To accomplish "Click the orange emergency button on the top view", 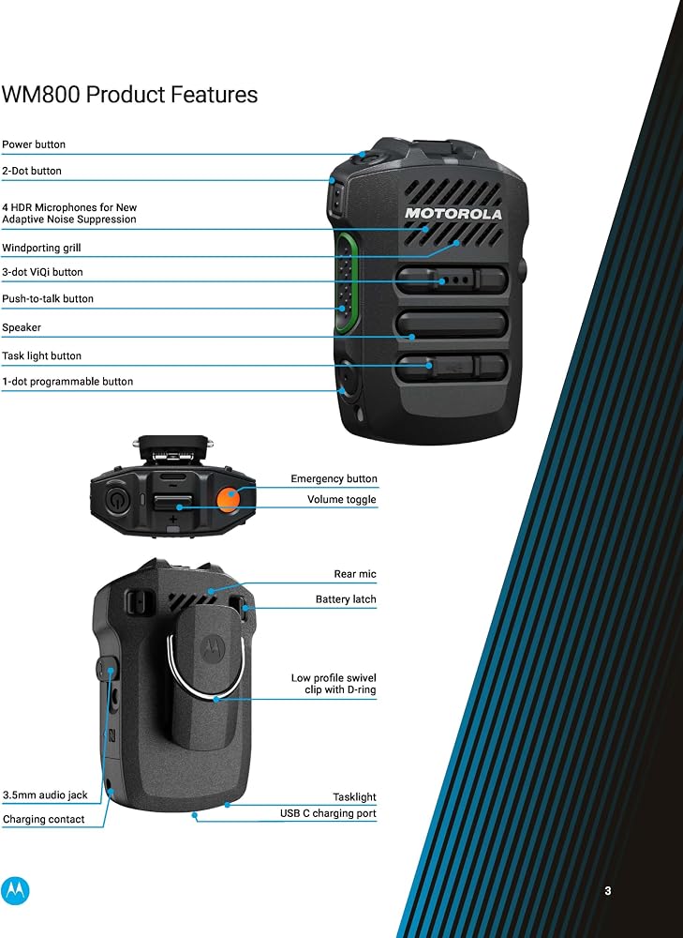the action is [228, 498].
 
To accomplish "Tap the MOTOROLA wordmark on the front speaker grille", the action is [453, 214].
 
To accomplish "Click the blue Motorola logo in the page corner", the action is [15, 891].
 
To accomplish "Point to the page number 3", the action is [608, 891].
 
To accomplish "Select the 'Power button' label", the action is [34, 144].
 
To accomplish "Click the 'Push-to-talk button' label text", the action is [48, 298].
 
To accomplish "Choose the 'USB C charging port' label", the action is [328, 813].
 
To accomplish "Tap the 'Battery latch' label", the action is [346, 598].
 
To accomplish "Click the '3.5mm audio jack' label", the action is [45, 795].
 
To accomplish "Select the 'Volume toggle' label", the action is [342, 500].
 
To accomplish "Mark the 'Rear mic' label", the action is [355, 574].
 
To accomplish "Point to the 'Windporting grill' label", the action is [41, 248].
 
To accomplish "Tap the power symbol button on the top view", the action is [115, 498].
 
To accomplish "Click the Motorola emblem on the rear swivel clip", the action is [213, 648].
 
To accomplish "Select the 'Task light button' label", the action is [42, 356].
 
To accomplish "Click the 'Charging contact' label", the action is [44, 819].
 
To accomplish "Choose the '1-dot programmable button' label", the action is [67, 382].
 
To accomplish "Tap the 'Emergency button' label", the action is [334, 478].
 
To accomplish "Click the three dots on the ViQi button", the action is [454, 280].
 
